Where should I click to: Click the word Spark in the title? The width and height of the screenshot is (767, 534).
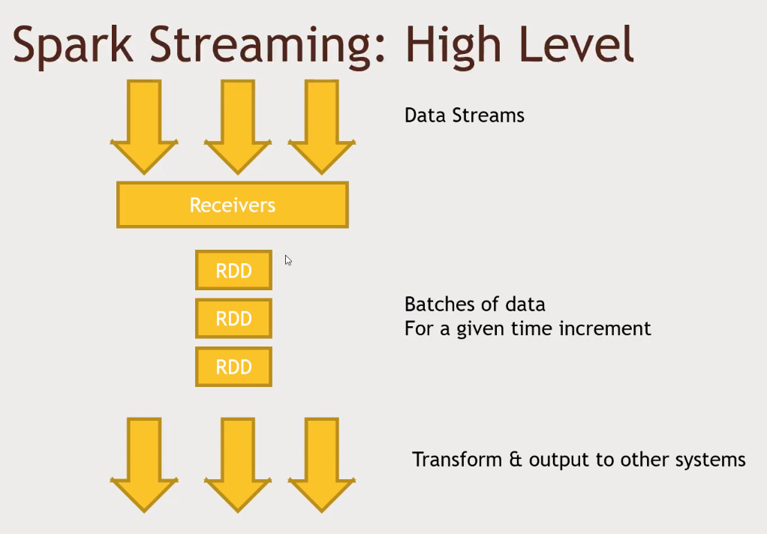point(72,45)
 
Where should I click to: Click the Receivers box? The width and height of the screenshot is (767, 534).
point(233,205)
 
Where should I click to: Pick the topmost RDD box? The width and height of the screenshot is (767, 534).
point(233,271)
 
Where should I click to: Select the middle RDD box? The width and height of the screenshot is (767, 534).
point(233,319)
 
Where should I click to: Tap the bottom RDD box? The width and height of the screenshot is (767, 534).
point(233,367)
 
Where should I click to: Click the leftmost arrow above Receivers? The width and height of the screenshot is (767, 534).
point(144,124)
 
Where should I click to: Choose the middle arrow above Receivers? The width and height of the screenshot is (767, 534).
point(237,124)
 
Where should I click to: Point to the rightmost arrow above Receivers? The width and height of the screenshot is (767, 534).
point(321,124)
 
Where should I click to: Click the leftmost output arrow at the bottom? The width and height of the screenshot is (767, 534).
point(144,461)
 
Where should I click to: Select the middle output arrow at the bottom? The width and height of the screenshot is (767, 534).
point(237,461)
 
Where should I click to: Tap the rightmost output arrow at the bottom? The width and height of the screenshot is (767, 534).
point(321,461)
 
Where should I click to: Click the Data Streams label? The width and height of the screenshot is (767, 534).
point(464,115)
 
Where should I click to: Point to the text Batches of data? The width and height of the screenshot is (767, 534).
point(474,304)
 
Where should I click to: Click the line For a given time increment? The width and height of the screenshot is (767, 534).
point(528,328)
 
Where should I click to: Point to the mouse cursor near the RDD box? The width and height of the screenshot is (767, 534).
point(287,259)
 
